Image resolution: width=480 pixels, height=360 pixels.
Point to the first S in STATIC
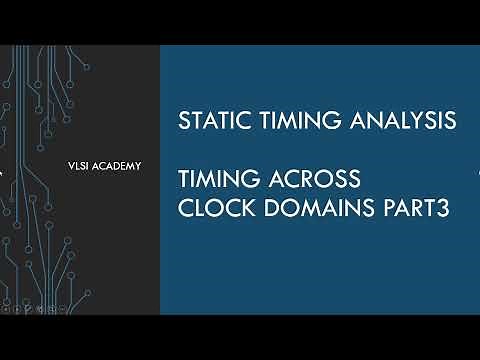(183, 121)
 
